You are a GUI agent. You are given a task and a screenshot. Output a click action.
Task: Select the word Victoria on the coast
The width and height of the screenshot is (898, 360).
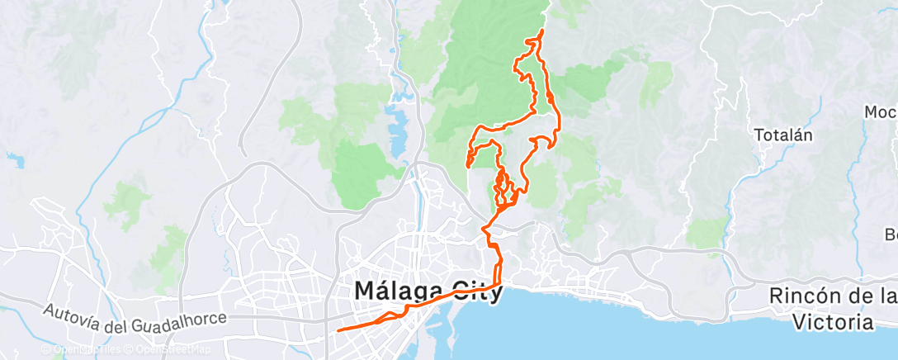[x=831, y=321]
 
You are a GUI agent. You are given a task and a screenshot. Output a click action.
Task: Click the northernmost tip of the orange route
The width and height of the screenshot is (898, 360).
[x=542, y=31]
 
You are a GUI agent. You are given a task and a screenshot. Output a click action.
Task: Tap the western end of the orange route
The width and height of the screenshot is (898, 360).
[x=339, y=330]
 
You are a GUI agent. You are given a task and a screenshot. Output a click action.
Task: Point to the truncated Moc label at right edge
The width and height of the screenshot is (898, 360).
[x=881, y=111]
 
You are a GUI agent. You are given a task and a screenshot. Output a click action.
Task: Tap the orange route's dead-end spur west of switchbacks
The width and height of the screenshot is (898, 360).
[x=468, y=166]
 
